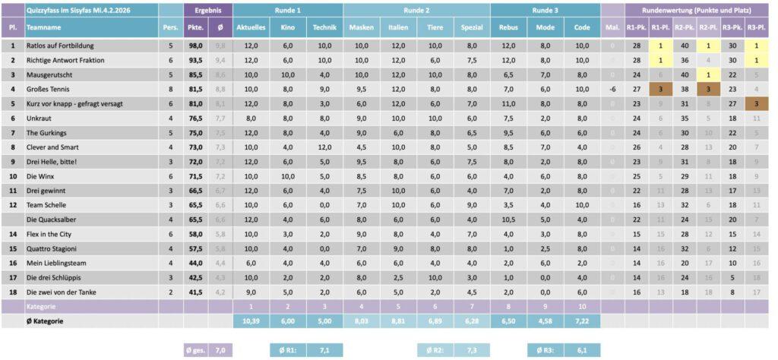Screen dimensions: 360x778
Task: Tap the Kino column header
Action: click(288, 27)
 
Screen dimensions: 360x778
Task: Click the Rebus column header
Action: click(508, 27)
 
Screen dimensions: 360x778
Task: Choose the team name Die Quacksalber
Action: click(52, 219)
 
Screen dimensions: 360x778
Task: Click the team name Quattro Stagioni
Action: click(50, 248)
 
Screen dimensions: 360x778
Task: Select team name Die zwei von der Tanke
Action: click(59, 292)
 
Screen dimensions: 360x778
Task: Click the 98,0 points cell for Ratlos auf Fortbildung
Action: click(196, 46)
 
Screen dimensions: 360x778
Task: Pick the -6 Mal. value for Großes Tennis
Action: click(612, 89)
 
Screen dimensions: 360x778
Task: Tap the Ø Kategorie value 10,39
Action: click(251, 321)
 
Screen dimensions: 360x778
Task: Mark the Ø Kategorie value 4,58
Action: click(546, 321)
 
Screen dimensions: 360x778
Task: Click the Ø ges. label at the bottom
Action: click(194, 350)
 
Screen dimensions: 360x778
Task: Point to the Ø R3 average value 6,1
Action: click(582, 350)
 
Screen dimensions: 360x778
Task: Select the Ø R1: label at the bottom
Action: click(288, 350)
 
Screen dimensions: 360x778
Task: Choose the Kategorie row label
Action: click(41, 307)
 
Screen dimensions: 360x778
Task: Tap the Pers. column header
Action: click(169, 27)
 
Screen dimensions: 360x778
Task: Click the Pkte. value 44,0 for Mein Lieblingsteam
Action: click(196, 263)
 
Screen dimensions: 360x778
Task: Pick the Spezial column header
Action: click(472, 27)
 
